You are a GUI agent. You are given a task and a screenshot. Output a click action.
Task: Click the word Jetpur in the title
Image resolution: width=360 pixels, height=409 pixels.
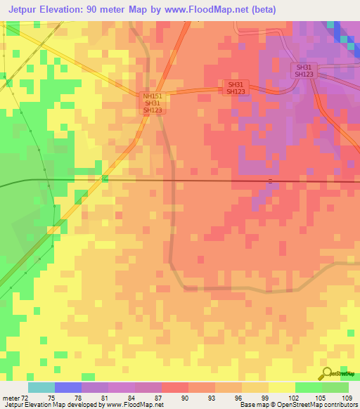point(26,9)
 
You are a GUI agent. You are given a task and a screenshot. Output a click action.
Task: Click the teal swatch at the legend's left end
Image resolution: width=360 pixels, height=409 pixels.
point(41,387)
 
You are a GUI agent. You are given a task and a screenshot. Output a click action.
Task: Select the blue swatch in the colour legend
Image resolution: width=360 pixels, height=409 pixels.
point(67,387)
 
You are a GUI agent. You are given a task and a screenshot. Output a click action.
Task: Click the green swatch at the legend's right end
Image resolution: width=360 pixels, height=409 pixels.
point(335,387)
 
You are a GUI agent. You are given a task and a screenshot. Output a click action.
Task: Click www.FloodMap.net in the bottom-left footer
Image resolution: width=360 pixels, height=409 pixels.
point(134,405)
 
